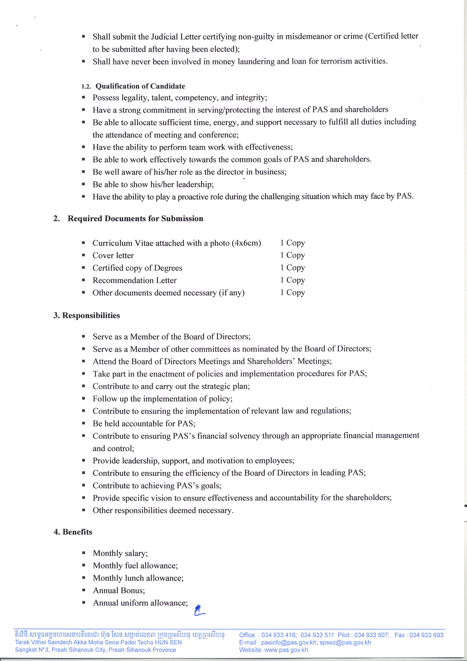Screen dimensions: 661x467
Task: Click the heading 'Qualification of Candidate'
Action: click(x=140, y=86)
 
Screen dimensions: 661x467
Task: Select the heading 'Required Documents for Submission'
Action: click(x=135, y=218)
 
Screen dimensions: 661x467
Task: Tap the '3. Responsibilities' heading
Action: click(x=87, y=316)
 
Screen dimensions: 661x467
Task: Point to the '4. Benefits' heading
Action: click(x=73, y=532)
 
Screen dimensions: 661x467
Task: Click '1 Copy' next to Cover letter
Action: click(x=292, y=255)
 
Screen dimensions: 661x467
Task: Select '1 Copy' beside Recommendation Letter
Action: click(x=292, y=280)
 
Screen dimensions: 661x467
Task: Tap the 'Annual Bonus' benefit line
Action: click(x=119, y=591)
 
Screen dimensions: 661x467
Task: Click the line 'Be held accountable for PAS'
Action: click(x=144, y=424)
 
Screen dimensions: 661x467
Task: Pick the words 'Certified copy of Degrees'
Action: click(x=137, y=268)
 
